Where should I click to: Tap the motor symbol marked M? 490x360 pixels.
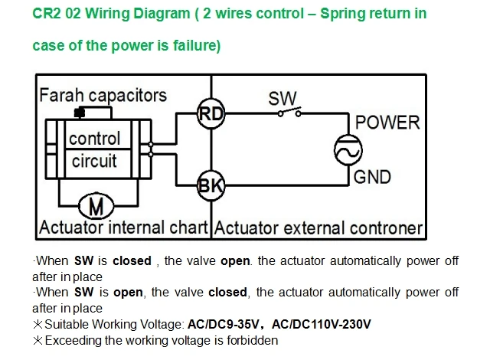click(96, 207)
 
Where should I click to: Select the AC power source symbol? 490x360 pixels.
click(348, 149)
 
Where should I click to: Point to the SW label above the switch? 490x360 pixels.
click(283, 99)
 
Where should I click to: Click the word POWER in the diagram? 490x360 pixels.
click(387, 123)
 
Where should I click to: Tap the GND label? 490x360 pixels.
click(372, 177)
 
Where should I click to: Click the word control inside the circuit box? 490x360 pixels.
click(94, 139)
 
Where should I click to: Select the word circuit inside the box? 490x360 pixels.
click(94, 161)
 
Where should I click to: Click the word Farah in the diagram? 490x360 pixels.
click(61, 95)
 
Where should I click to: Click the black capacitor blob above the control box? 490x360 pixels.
click(80, 113)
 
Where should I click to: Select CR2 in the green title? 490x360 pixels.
click(47, 14)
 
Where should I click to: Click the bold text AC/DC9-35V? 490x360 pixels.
click(223, 324)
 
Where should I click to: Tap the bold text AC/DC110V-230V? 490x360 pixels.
click(322, 324)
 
